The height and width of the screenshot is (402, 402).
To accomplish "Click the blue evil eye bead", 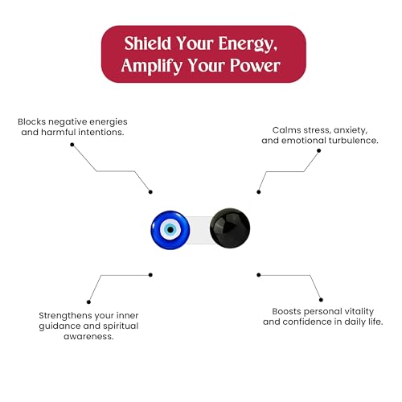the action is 170,230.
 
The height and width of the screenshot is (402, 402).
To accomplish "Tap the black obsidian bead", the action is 230,228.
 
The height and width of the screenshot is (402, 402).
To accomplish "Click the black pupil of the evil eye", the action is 170,230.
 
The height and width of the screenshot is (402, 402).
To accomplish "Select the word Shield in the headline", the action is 148,43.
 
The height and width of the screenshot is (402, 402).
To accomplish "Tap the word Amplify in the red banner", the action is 152,66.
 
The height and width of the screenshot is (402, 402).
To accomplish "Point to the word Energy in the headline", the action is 248,44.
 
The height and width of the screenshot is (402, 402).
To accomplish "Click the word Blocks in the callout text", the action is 32,121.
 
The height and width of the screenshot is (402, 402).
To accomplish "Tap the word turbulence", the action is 354,141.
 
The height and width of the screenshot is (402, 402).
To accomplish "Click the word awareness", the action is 88,336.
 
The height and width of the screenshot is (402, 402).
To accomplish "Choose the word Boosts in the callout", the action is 286,311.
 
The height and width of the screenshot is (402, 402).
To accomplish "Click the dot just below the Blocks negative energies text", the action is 72,145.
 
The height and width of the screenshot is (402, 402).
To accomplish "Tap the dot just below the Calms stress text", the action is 318,150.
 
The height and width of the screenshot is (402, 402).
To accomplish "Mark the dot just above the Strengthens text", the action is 88,302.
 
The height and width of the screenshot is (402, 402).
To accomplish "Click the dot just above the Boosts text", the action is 321,300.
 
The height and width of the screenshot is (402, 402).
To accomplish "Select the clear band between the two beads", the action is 200,230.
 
